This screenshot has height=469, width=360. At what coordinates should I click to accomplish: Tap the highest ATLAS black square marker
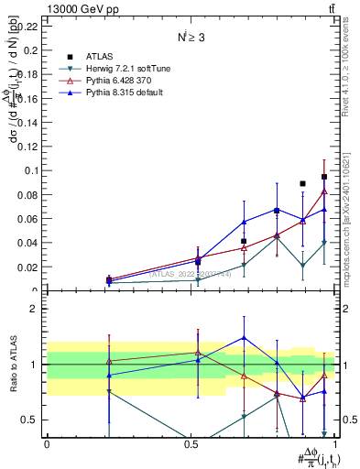coord(324,177)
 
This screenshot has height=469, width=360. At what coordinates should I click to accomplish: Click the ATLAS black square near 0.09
coord(302,184)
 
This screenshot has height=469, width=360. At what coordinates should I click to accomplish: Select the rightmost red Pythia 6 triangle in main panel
coord(324,191)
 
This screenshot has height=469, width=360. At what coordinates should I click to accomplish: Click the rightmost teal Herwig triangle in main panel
coord(324,243)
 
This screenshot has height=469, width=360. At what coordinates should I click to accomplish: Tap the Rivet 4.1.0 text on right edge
coord(344,69)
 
